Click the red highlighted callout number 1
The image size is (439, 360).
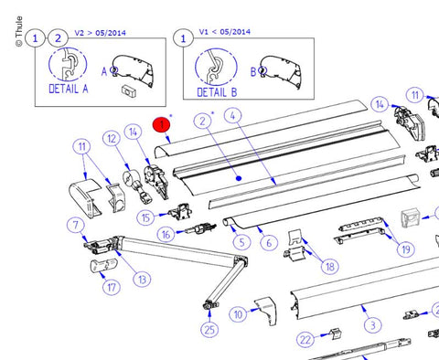pos(162,124)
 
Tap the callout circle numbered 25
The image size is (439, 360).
pos(209,330)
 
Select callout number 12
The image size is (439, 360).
pos(112,139)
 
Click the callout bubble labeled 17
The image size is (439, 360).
pos(112,287)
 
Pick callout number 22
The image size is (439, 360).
pos(305,340)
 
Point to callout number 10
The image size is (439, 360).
pos(238,314)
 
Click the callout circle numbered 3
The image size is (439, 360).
pos(372,325)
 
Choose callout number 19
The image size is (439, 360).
pos(406,249)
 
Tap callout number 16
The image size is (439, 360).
pos(166,235)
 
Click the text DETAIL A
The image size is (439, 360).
pos(69,89)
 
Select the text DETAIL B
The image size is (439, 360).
pos(217,92)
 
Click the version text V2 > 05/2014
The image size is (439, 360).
pos(100,33)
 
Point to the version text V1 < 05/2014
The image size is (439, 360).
pos(225,32)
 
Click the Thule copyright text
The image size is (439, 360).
pos(19,31)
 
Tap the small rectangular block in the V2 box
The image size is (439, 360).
pos(129,91)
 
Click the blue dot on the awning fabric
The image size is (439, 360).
pos(239,178)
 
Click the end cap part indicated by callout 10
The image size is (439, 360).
pos(266,312)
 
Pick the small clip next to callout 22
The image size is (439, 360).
pos(336,334)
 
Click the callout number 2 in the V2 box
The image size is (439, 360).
pos(58,38)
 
